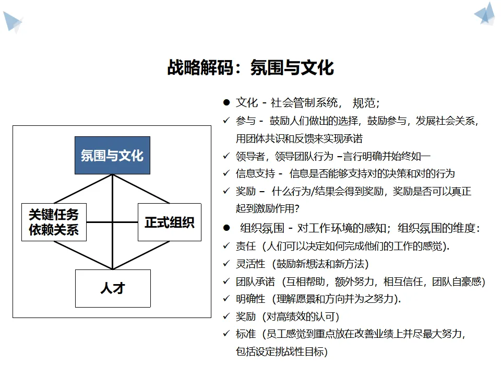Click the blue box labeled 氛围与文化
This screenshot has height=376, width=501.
pyautogui.click(x=113, y=156)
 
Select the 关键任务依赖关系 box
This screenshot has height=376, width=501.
pyautogui.click(x=54, y=222)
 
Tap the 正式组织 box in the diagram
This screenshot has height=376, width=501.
pyautogui.click(x=170, y=222)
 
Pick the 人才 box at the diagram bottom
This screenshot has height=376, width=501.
pyautogui.click(x=113, y=288)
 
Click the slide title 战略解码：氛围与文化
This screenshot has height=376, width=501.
pyautogui.click(x=250, y=67)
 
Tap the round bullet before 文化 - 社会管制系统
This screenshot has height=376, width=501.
pyautogui.click(x=226, y=103)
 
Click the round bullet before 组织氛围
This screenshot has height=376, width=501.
pyautogui.click(x=226, y=228)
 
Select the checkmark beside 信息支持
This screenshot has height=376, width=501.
pyautogui.click(x=226, y=173)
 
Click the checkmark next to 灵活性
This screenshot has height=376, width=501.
pyautogui.click(x=226, y=263)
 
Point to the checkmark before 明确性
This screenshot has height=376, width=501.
pyautogui.click(x=226, y=298)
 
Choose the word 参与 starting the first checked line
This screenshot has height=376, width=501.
pyautogui.click(x=246, y=121)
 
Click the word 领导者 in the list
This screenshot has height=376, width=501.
pyautogui.click(x=250, y=156)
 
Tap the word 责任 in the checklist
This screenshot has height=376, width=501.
pyautogui.click(x=246, y=246)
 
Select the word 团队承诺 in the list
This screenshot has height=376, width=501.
pyautogui.click(x=255, y=281)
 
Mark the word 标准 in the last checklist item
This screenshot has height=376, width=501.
pyautogui.click(x=246, y=334)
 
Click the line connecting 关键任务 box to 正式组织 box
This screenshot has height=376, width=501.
pyautogui.click(x=112, y=222)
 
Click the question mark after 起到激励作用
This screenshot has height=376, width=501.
pyautogui.click(x=297, y=208)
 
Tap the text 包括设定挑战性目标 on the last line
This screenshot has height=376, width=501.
pyautogui.click(x=280, y=351)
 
